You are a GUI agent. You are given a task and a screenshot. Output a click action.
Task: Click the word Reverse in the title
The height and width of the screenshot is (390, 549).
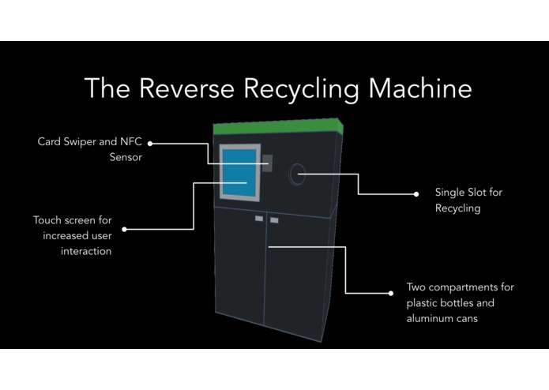coord(186,88)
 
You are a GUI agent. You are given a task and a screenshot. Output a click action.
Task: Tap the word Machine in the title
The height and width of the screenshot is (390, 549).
coord(420,88)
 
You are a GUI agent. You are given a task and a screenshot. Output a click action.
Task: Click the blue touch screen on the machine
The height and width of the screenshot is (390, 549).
coord(239,172)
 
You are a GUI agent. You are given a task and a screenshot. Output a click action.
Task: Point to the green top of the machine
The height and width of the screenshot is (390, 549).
coord(278,126)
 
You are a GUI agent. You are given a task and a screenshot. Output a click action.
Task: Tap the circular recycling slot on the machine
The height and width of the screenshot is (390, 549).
coord(297,174)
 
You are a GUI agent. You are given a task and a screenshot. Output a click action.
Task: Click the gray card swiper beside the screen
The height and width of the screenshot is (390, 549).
coord(267,163)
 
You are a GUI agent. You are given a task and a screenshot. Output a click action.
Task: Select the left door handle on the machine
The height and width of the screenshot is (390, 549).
coord(259,219)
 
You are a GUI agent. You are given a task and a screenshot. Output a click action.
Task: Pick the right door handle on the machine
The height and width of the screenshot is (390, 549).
coord(274,220)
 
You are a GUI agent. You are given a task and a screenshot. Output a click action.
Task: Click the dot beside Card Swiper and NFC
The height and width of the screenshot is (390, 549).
coord(150,144)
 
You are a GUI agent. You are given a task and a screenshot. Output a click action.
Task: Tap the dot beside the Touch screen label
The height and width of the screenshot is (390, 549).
coord(124,229)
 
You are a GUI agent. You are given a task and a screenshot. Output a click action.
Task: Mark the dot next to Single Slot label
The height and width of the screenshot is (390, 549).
coord(416,194)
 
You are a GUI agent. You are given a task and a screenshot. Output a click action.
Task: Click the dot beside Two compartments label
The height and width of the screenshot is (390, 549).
coord(391,293)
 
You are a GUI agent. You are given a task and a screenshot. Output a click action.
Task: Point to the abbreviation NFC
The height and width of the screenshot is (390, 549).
coord(131,141)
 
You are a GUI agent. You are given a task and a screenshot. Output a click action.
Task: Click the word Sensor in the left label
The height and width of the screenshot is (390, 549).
coord(126,157)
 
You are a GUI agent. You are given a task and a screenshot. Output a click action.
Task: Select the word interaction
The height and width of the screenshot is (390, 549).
coord(86,251)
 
